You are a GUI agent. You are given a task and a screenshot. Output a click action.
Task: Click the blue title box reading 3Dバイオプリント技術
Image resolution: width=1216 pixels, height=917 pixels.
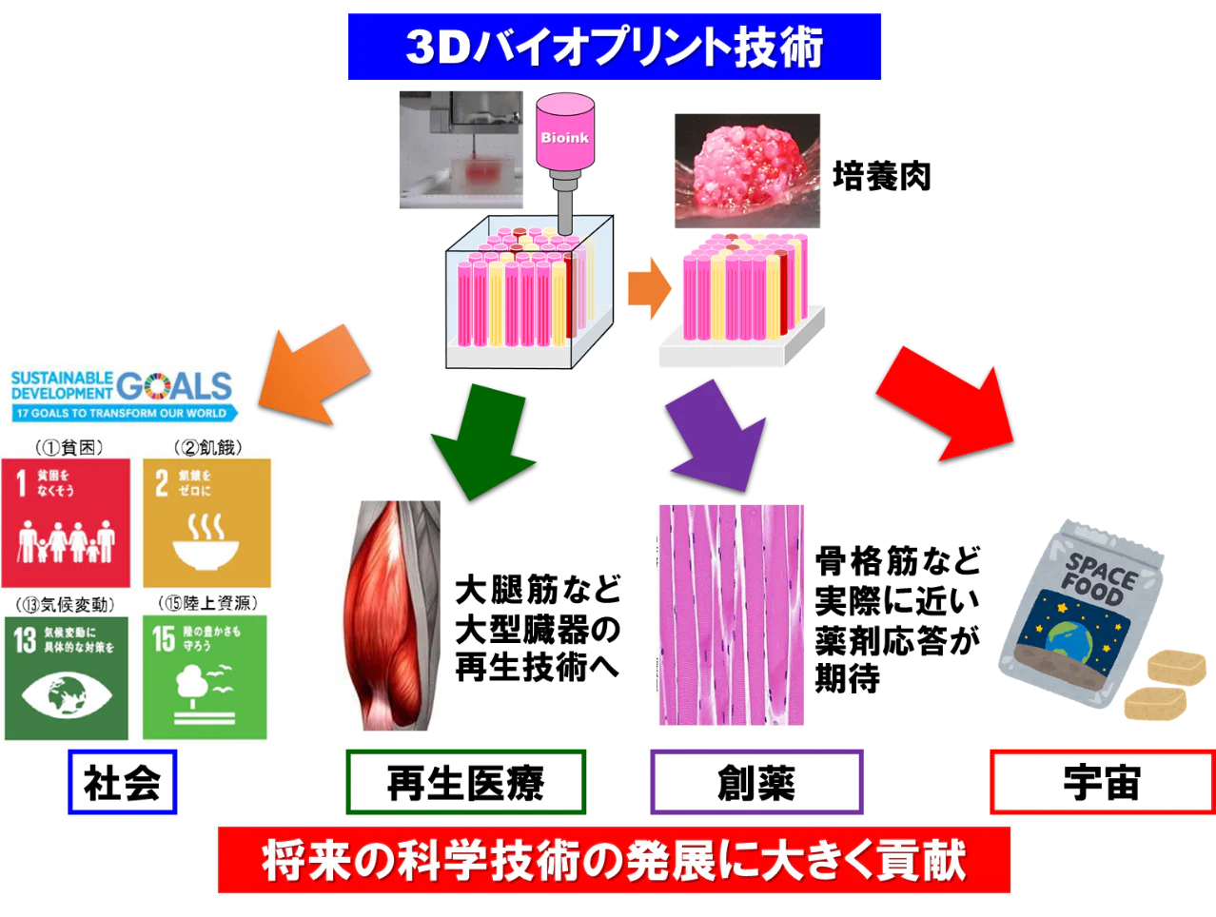616,46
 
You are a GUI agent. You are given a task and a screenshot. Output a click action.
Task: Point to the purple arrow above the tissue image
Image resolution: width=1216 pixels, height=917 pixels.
719,433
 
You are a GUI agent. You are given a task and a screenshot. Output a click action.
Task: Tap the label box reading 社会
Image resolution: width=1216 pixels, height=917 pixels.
122,783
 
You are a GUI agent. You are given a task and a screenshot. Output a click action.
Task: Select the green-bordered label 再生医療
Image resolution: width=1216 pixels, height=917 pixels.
465,783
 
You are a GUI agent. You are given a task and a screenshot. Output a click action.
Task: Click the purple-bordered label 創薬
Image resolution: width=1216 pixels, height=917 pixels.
755,783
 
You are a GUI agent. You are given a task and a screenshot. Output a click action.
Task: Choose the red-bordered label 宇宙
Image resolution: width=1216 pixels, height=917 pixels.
1101,783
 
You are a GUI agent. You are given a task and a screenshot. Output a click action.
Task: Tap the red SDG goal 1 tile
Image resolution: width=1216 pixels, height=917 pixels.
66,523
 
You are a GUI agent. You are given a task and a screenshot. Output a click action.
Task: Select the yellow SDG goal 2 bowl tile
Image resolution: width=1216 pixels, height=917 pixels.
206,523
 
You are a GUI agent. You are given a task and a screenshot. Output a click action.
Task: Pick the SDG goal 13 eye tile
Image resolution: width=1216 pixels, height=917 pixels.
67,677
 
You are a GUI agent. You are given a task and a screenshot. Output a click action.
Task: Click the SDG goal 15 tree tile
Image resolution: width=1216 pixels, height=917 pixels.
206,677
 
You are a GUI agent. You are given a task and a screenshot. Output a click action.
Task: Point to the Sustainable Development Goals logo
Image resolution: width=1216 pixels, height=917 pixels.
122,395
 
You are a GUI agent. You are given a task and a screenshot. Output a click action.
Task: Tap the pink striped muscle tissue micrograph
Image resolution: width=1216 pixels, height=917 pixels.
731,616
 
